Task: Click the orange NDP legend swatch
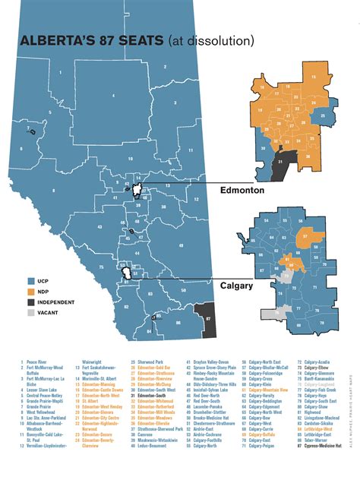coord(33,291)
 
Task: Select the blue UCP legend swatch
coord(33,280)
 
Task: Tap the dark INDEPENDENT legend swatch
coord(33,302)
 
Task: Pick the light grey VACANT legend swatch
coord(33,312)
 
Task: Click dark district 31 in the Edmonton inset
coord(280,162)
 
